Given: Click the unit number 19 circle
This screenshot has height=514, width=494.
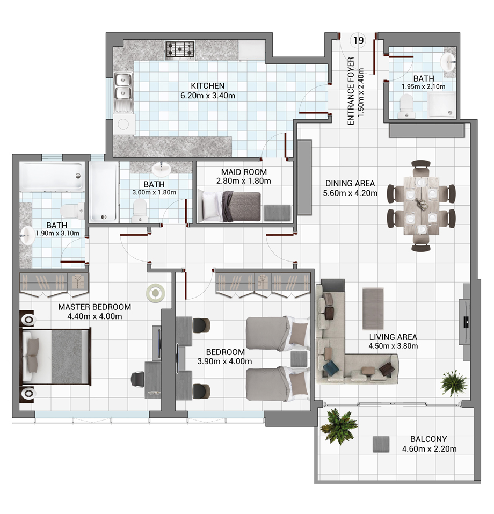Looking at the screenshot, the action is tap(358, 40).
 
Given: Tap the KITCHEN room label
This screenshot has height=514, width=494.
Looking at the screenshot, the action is tap(207, 86).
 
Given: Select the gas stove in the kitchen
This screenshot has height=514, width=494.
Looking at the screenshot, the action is tap(180, 49).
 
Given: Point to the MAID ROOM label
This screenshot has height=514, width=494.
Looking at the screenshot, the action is tap(244, 172).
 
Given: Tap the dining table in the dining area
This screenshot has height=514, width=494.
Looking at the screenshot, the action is tap(421, 206).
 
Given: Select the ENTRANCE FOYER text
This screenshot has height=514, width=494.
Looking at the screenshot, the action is tap(351, 91).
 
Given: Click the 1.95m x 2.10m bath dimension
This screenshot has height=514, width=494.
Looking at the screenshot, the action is tap(424, 87).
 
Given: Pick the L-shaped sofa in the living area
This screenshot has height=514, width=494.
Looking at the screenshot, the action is tap(347, 344).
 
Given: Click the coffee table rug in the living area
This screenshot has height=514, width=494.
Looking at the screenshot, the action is tap(373, 308).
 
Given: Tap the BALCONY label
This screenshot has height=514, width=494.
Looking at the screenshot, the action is tap(428, 439).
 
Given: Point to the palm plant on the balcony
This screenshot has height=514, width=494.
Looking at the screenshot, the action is tap(339, 425).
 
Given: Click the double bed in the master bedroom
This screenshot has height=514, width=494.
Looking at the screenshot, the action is tap(56, 356).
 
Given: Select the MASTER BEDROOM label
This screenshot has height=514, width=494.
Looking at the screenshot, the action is tap(95, 307).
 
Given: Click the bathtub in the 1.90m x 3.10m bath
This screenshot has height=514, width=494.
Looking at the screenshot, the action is tap(51, 176).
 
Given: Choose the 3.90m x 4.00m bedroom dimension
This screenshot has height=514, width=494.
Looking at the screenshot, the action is tap(224, 361).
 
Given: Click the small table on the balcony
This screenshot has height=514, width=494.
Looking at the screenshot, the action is tap(381, 444).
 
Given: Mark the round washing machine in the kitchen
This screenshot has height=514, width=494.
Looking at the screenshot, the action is tap(123, 124).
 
